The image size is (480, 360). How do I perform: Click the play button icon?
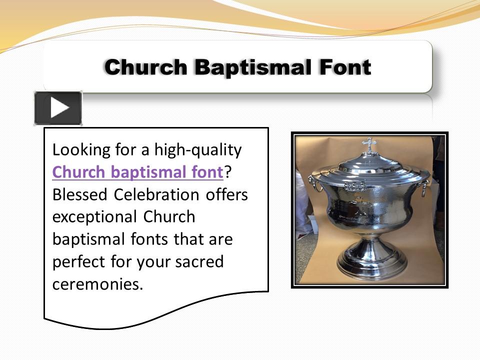(58, 108)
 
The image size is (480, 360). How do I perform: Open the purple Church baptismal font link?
(137, 172)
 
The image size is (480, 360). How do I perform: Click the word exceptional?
(94, 217)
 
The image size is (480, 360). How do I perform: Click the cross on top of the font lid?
(369, 145)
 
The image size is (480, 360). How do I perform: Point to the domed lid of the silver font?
(369, 164)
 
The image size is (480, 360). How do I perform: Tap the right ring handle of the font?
(424, 188)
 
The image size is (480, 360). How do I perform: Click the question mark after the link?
(228, 172)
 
